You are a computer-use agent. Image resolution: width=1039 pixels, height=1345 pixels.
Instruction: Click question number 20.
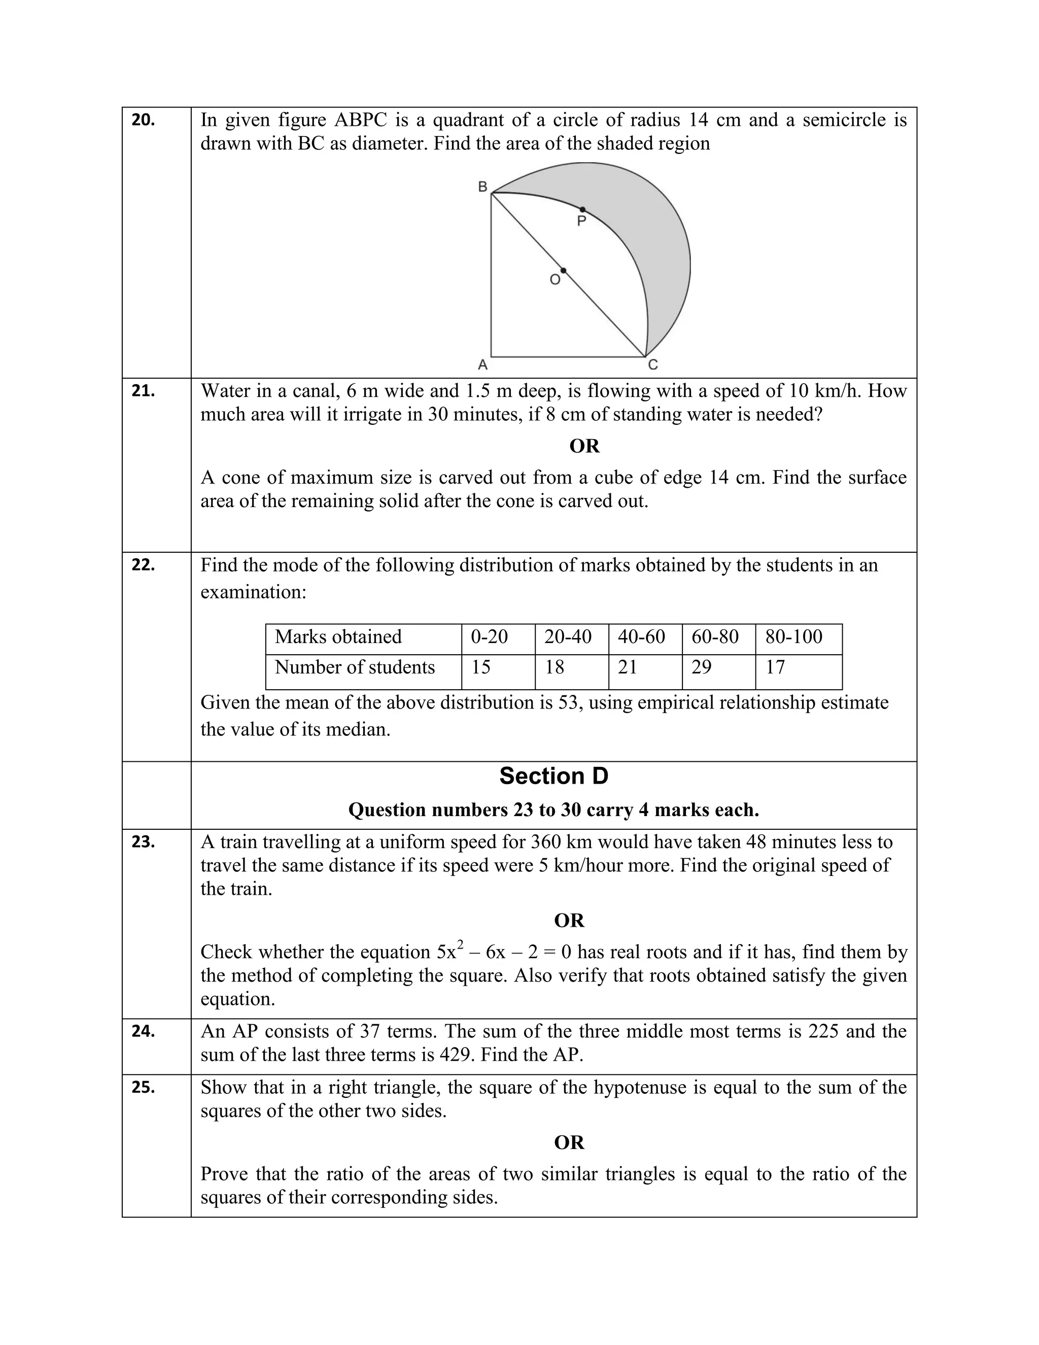point(143,121)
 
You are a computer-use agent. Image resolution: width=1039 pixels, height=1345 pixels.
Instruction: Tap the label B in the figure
point(482,187)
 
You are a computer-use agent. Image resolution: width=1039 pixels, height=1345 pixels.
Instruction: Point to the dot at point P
point(582,210)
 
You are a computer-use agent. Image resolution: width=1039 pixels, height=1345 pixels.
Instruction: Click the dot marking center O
point(563,271)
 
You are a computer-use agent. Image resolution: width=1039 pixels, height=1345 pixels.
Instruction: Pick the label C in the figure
point(653,365)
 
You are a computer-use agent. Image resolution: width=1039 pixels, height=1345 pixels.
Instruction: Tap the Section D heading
point(553,777)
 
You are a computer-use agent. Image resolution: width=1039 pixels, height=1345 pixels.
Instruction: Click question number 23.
point(143,842)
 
